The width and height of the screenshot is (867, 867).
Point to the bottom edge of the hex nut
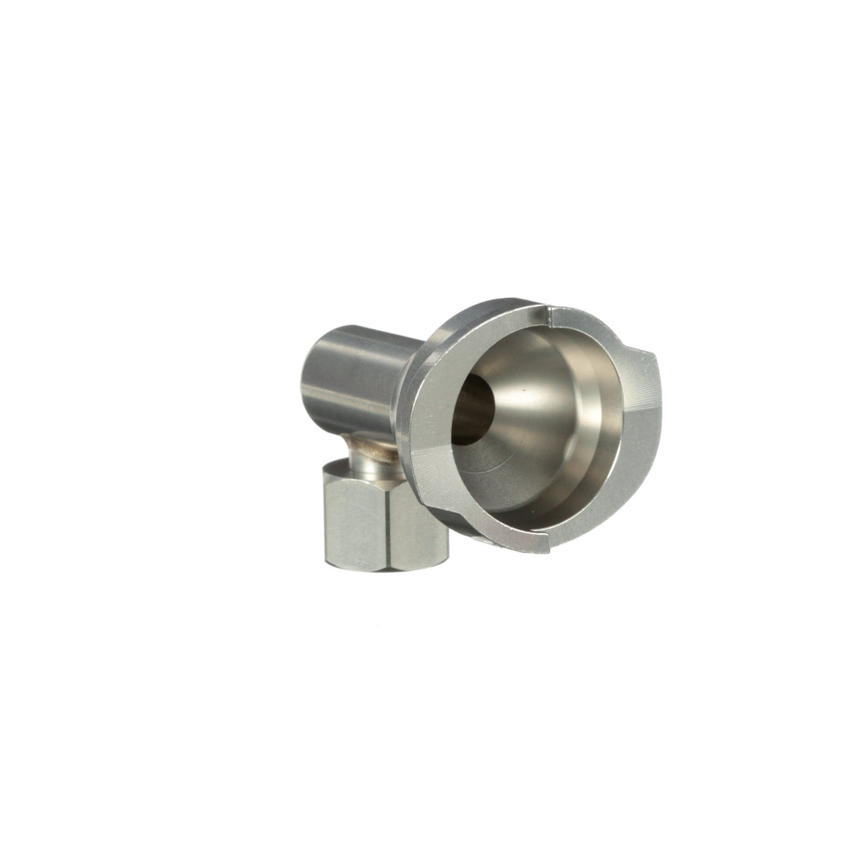point(385,566)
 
